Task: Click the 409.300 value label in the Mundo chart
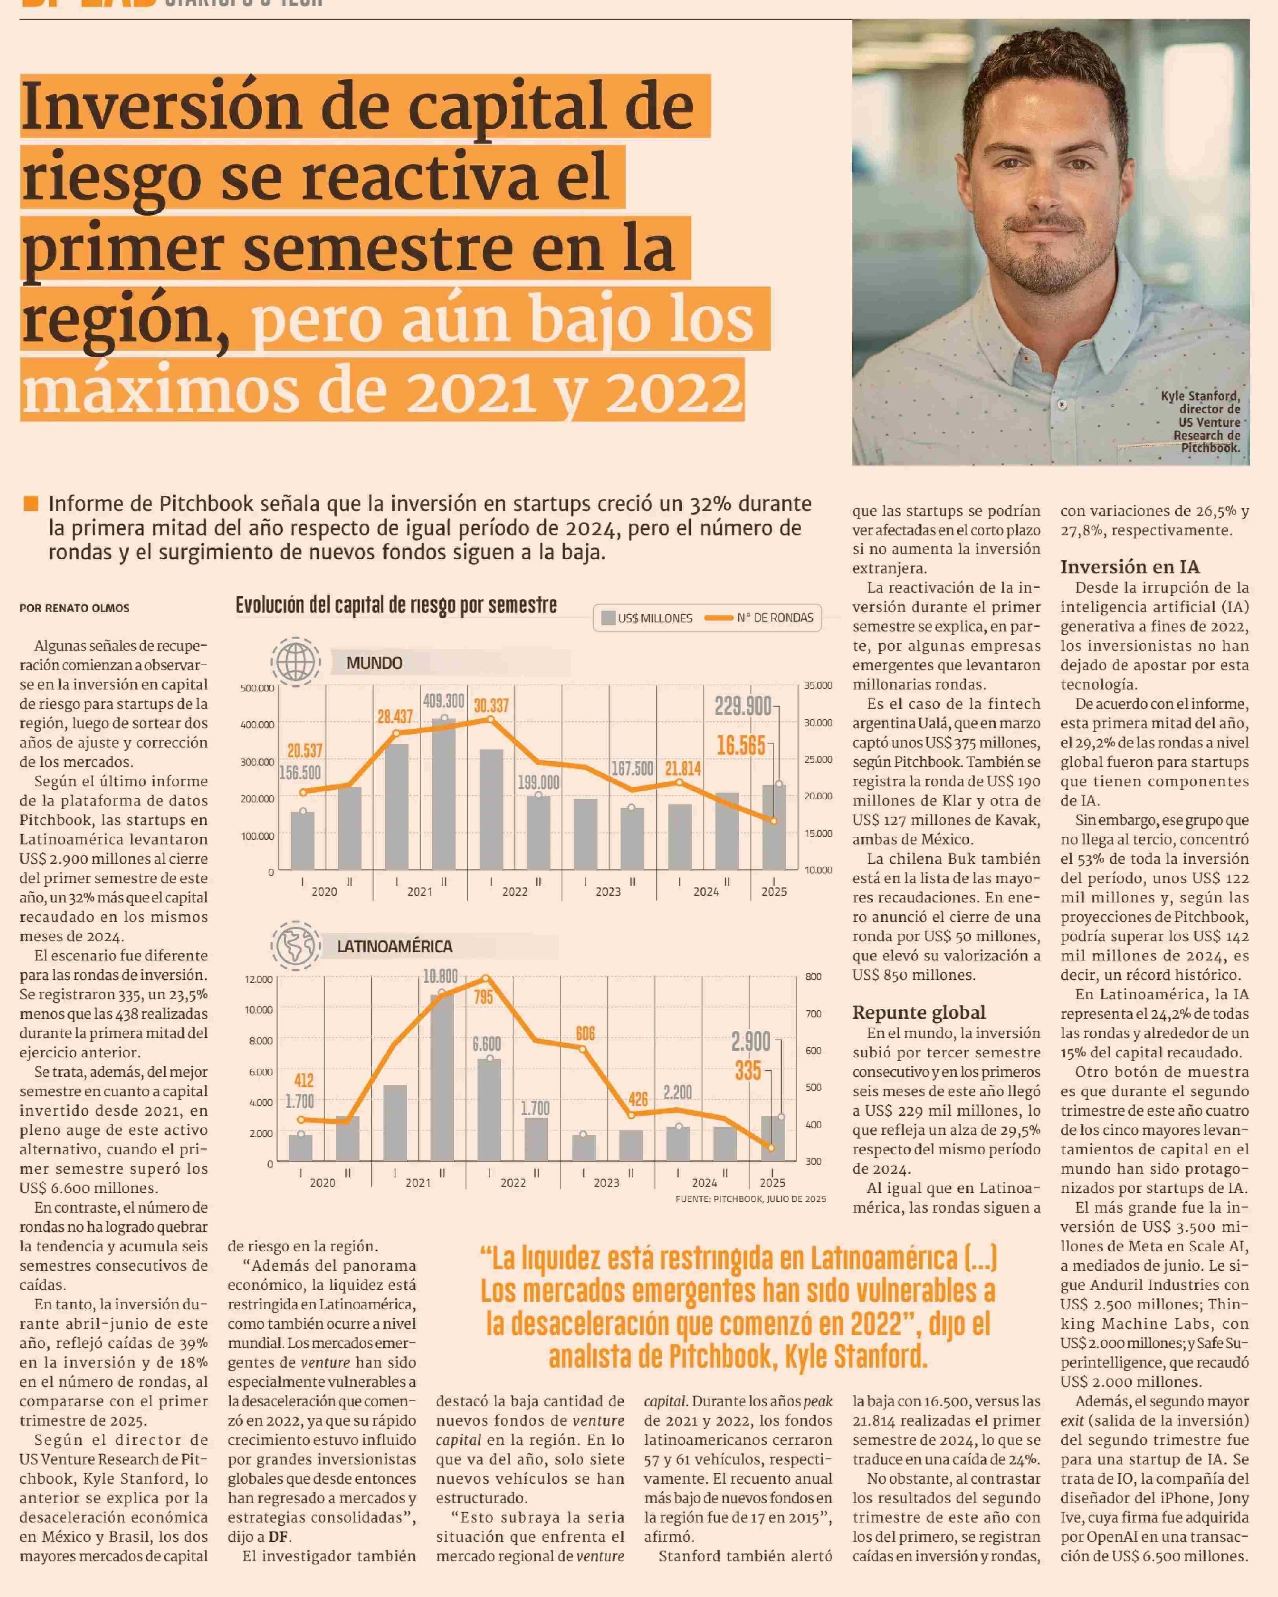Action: (x=443, y=701)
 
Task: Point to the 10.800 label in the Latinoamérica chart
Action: (x=441, y=976)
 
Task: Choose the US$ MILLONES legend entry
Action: (x=647, y=618)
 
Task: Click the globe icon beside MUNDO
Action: (x=296, y=660)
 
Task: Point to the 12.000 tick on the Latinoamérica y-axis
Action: (x=259, y=979)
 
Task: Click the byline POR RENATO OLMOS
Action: (x=75, y=608)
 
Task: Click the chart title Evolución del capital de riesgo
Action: (x=396, y=605)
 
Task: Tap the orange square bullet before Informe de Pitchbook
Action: (x=31, y=504)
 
